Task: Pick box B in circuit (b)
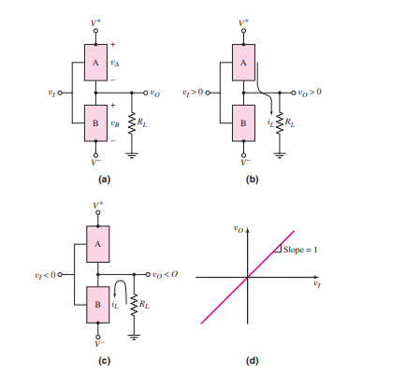pos(243,122)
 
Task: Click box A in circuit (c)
pos(96,242)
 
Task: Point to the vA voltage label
pos(116,64)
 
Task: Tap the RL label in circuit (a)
pos(141,121)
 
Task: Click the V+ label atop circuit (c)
pos(96,203)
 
